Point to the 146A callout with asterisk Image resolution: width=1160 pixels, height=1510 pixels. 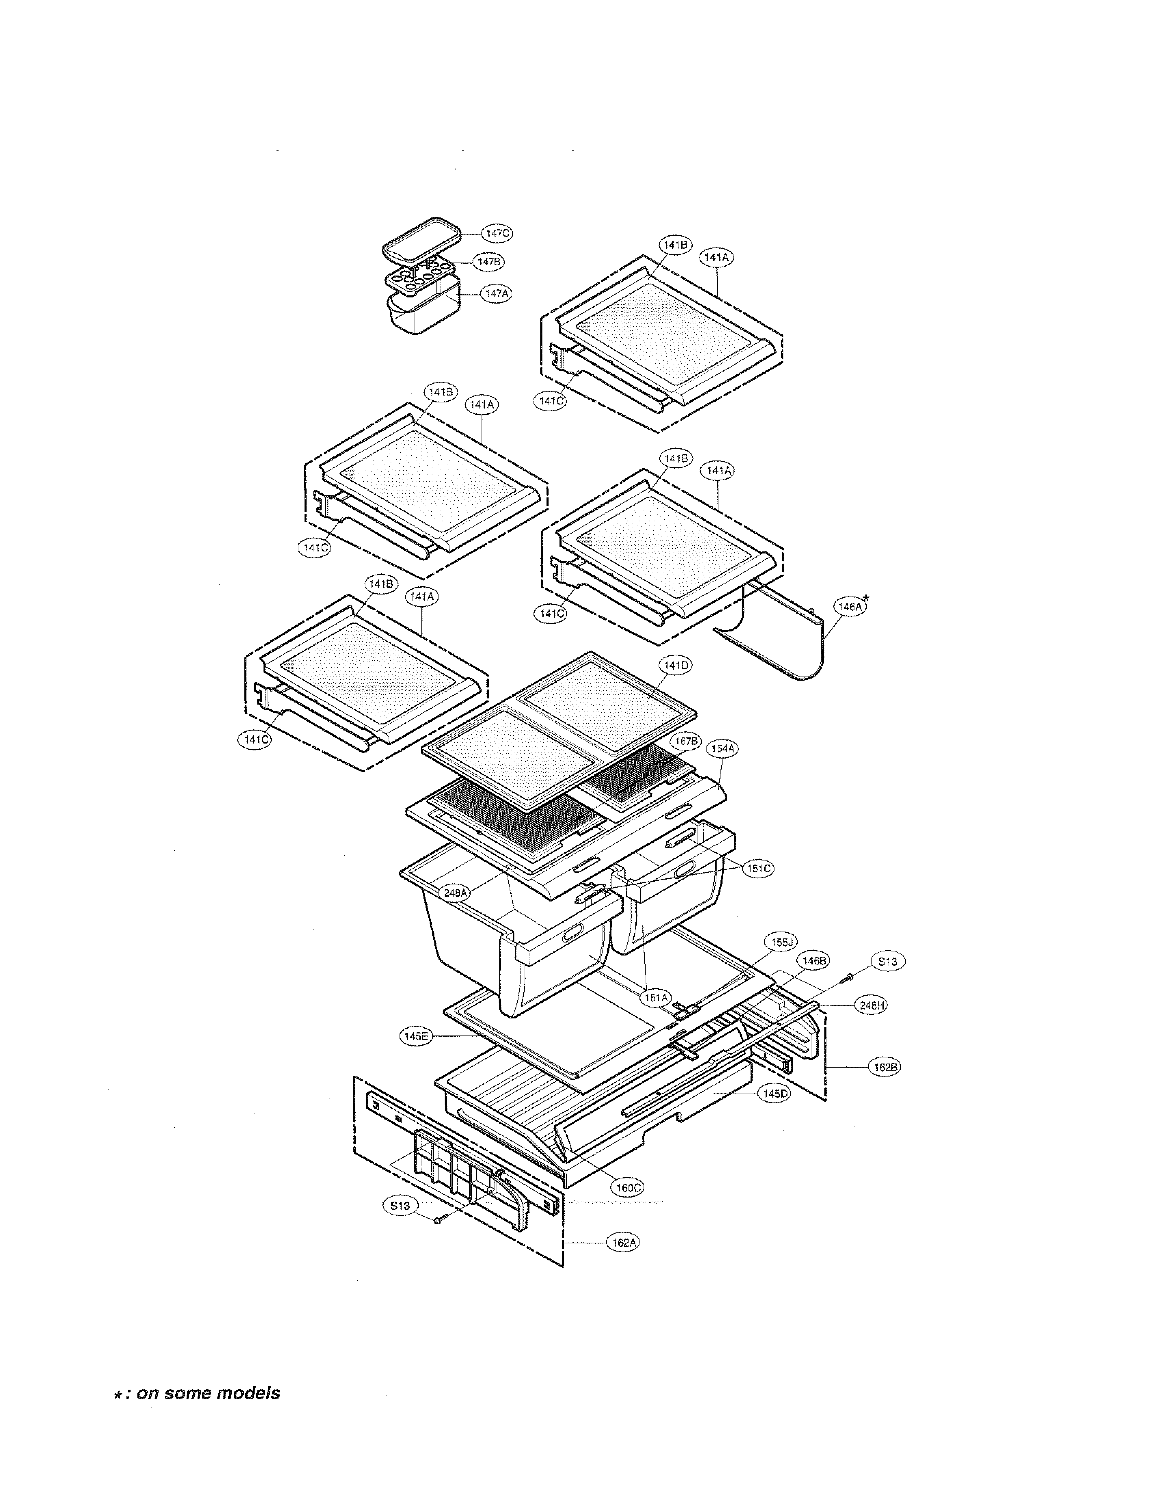point(850,607)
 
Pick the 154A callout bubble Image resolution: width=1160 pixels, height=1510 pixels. point(723,748)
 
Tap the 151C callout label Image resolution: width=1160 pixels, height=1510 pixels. point(758,869)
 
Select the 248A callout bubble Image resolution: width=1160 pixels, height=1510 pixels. point(456,893)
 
